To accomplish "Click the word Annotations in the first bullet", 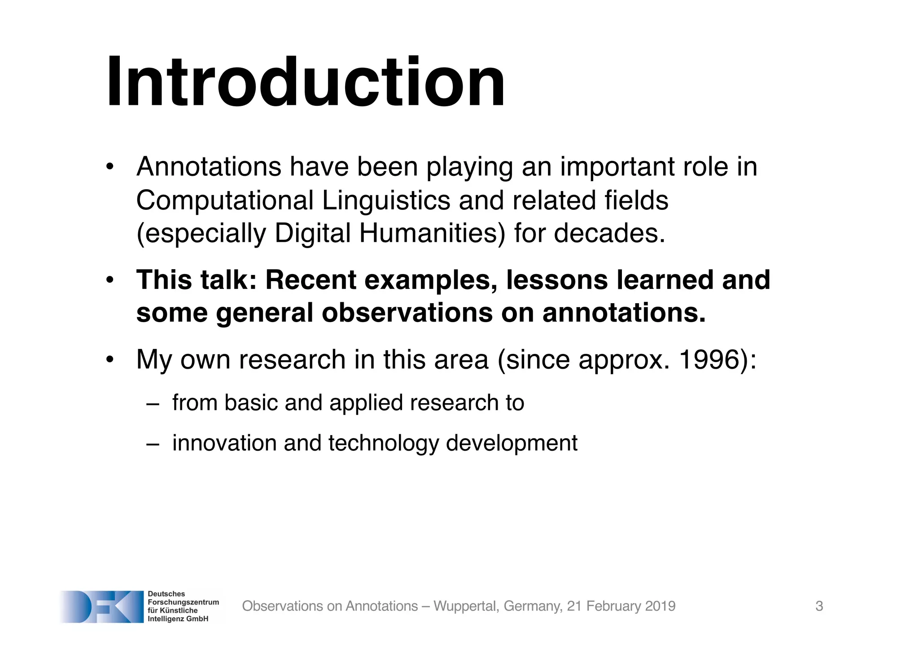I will tap(209, 167).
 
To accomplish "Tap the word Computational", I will tap(225, 200).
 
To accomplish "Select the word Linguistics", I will tap(386, 200).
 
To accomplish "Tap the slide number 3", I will tap(819, 606).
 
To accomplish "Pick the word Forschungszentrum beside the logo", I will tap(183, 602).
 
